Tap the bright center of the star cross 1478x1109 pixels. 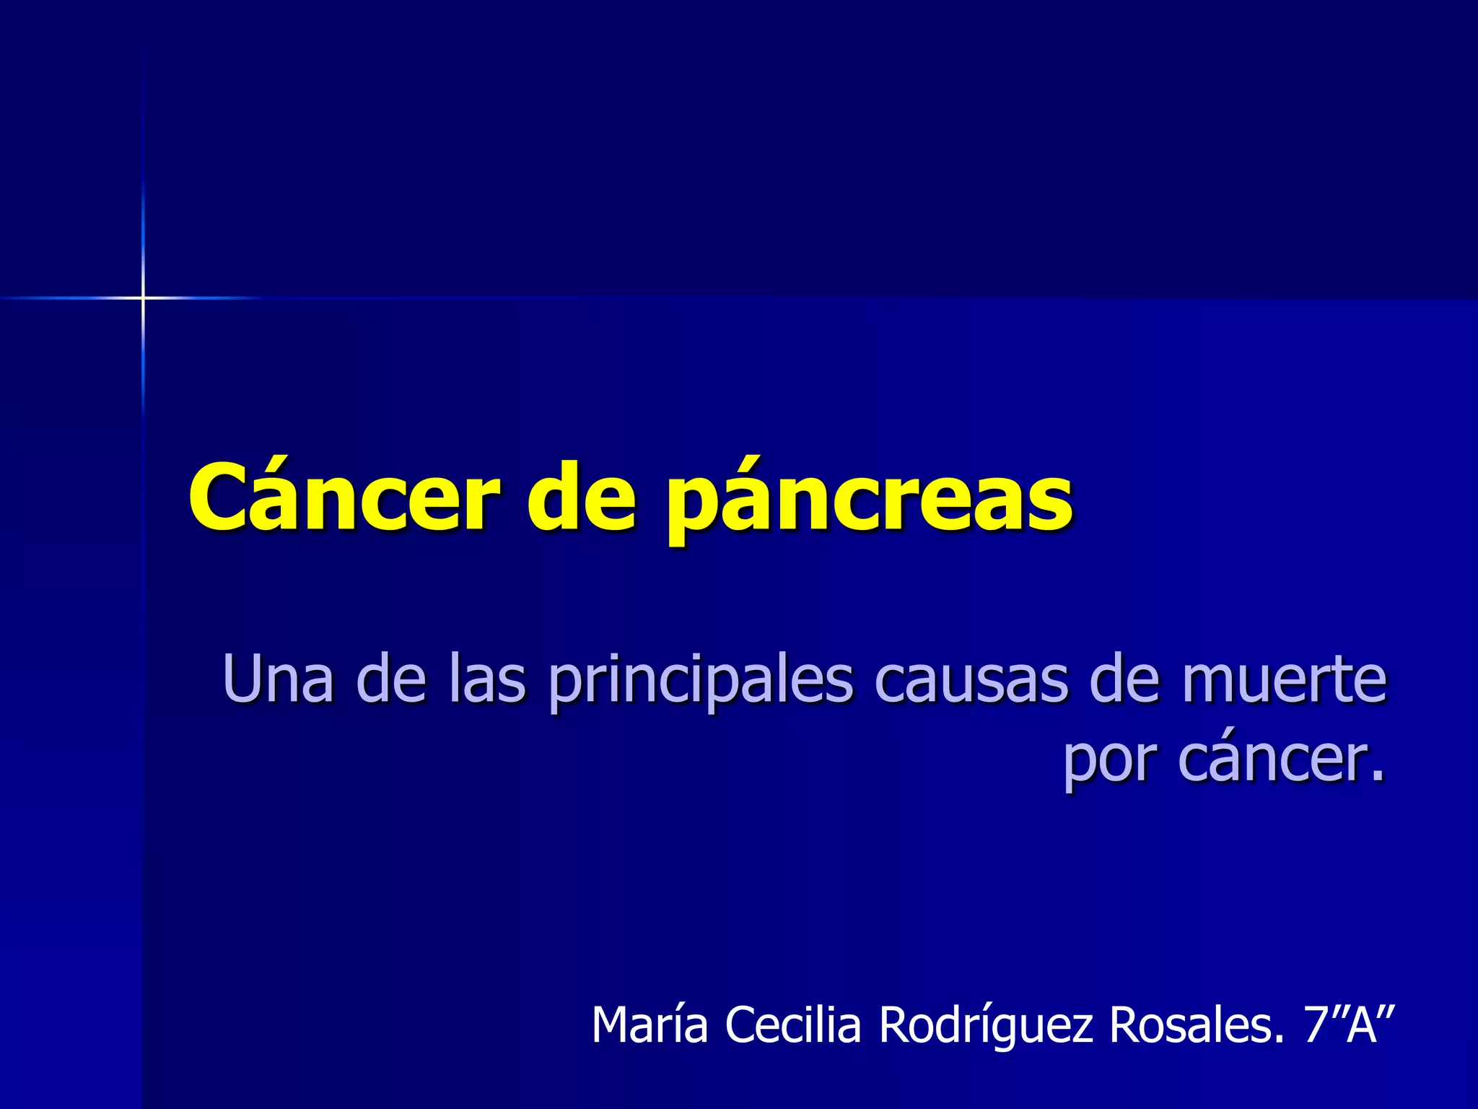[143, 297]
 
